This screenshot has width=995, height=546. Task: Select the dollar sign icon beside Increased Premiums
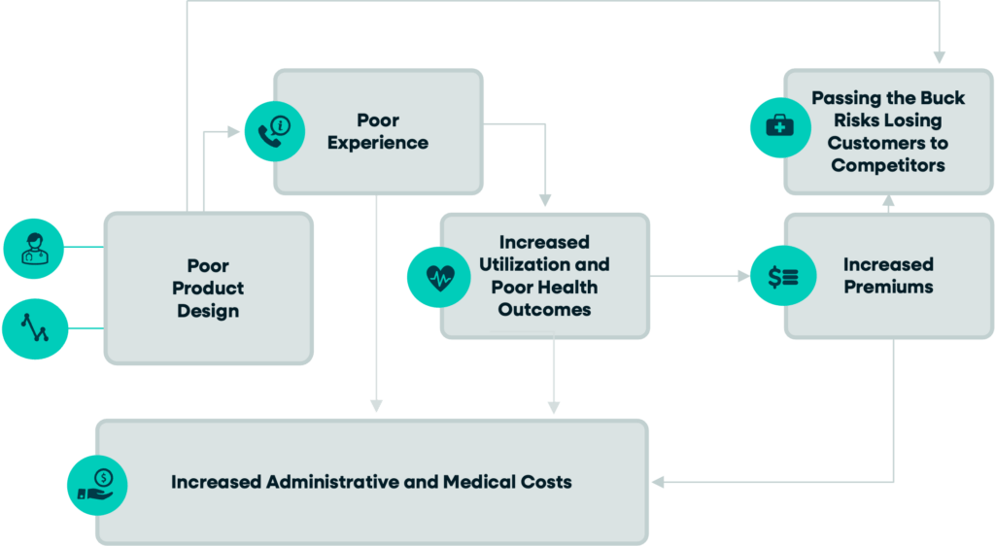click(783, 276)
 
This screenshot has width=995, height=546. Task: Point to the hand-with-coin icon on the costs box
click(96, 484)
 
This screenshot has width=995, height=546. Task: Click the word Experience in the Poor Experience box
click(377, 143)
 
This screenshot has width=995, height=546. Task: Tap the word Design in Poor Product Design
click(208, 312)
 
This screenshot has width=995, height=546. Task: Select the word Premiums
click(888, 287)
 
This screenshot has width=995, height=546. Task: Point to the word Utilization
click(544, 264)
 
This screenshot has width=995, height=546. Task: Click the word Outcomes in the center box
click(543, 310)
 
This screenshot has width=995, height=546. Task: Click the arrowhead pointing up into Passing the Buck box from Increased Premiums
click(888, 202)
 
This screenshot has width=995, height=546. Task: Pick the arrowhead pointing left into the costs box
click(658, 482)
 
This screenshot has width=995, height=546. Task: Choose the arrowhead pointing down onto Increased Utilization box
click(545, 203)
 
